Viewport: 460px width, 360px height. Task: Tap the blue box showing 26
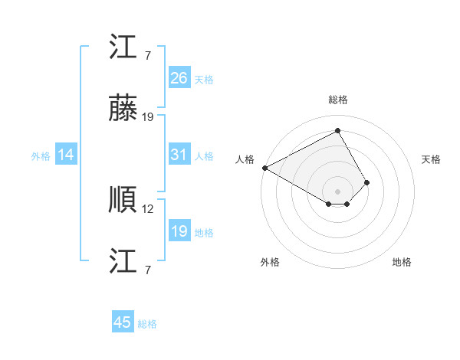[x=179, y=78]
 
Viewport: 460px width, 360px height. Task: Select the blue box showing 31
[x=179, y=155]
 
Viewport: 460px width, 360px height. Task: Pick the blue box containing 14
[x=66, y=155]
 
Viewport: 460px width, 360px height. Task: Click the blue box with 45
[x=123, y=322]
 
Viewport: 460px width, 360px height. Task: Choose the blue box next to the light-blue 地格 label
[x=179, y=231]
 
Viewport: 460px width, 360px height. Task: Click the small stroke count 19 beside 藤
[x=149, y=117]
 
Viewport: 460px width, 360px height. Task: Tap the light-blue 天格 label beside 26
[x=204, y=80]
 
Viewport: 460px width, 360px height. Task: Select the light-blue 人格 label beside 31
[x=204, y=156]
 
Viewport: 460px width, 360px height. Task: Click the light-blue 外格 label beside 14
[x=41, y=156]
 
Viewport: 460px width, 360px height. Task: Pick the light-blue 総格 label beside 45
[x=147, y=324]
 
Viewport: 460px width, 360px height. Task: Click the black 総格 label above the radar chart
[x=337, y=100]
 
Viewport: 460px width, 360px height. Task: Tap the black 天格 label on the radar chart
[x=431, y=159]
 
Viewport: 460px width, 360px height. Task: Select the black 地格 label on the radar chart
[x=402, y=262]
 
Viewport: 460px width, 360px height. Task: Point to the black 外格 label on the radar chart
[x=270, y=262]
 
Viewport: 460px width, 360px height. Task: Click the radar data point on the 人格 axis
[x=264, y=168]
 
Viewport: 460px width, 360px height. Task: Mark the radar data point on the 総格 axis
[x=337, y=131]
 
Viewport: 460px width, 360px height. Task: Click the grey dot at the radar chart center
[x=337, y=191]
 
